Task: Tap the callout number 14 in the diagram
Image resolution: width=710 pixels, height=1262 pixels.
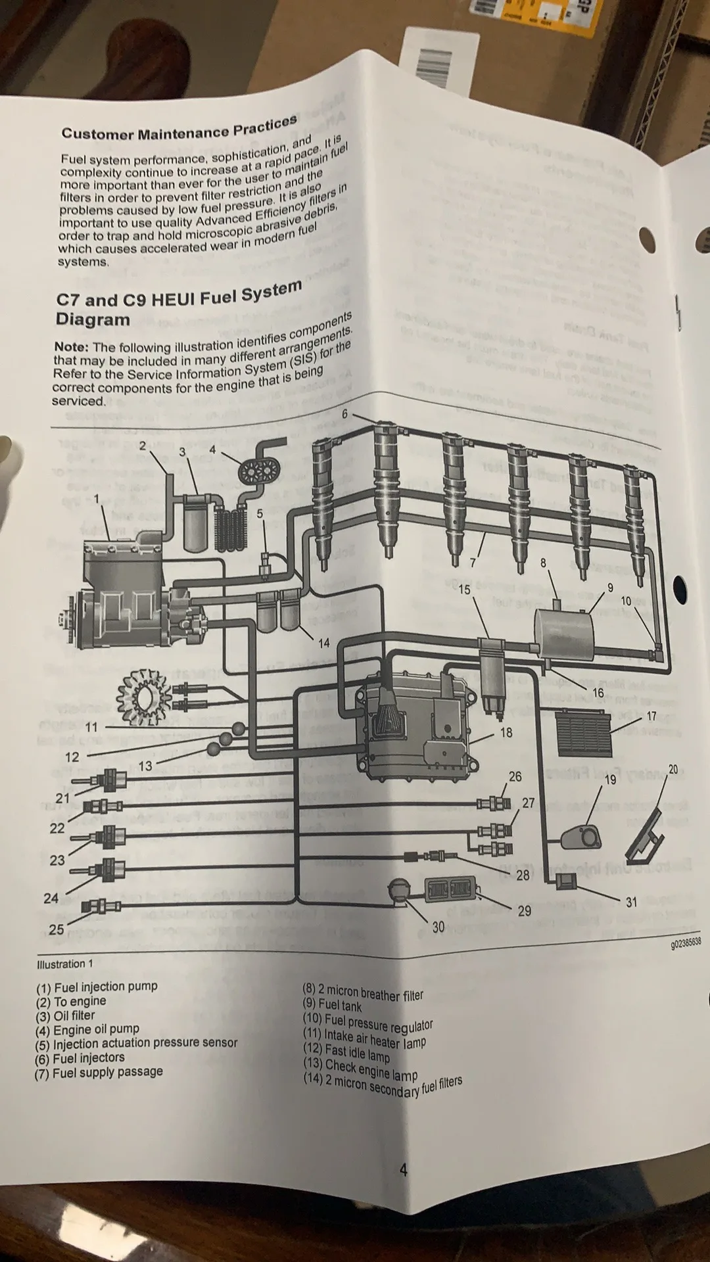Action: pos(323,643)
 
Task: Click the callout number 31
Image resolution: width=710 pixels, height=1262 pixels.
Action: pos(631,902)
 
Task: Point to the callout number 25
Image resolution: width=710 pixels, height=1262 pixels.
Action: pos(57,929)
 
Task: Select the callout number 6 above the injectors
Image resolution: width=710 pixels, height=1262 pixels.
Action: pos(344,414)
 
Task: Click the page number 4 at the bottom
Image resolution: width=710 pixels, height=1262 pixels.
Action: pos(403,1170)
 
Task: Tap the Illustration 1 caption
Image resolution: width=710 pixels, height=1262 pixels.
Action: pos(65,964)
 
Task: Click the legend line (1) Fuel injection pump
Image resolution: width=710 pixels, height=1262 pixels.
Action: pos(97,987)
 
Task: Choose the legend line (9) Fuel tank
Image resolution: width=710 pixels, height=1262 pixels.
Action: pos(332,1005)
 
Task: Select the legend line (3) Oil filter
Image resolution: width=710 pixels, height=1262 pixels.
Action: pos(65,1016)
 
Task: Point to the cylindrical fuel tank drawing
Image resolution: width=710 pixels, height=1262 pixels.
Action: pos(564,633)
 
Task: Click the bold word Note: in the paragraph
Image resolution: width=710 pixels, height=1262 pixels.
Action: pos(71,347)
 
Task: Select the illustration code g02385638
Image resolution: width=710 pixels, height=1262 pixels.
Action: pos(685,943)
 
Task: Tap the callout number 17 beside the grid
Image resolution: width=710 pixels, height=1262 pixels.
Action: pos(651,716)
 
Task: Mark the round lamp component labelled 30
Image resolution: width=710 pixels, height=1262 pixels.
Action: pos(398,891)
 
